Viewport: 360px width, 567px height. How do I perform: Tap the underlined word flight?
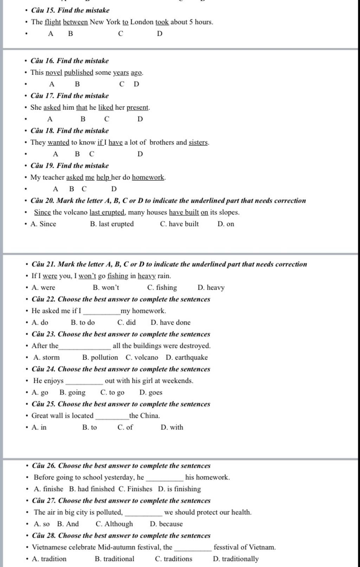(x=53, y=22)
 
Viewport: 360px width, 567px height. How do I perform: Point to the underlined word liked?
(x=105, y=107)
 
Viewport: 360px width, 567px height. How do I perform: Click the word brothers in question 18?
(x=162, y=142)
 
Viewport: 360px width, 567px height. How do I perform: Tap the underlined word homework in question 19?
(x=148, y=177)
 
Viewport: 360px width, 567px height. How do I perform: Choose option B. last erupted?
(x=112, y=224)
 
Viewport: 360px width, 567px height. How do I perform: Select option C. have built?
(x=179, y=224)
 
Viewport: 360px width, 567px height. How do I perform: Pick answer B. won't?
(x=106, y=288)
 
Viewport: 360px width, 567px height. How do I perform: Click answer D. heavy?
(x=211, y=288)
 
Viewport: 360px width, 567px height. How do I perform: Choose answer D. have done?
(x=171, y=323)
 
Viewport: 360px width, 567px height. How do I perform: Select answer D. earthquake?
(x=187, y=357)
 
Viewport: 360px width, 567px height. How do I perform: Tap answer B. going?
(x=72, y=393)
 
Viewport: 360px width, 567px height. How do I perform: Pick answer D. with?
(x=172, y=427)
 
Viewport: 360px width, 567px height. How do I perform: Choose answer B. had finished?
(x=92, y=489)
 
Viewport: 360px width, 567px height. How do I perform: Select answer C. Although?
(x=114, y=524)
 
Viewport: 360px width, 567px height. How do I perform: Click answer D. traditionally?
(x=236, y=559)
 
